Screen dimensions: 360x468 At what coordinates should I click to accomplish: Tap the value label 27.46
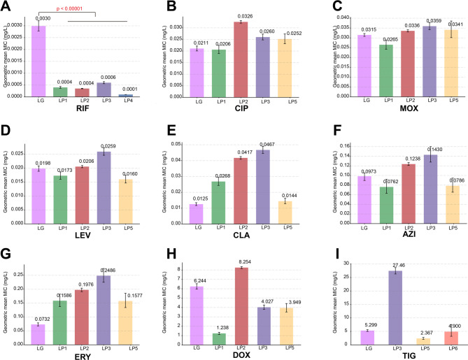point(383,265)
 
